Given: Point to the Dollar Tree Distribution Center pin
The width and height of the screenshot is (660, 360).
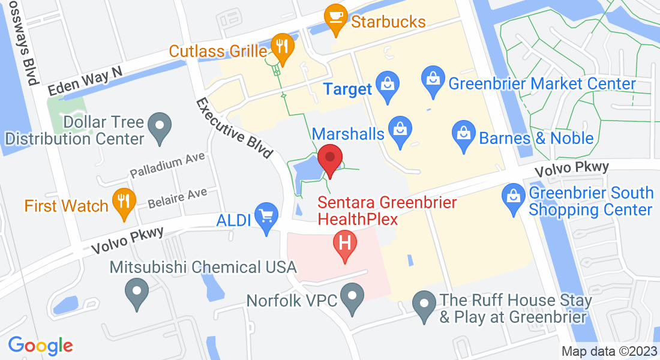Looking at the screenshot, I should click(160, 127).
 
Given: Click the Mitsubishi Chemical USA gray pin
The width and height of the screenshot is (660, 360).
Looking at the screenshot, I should click(137, 294).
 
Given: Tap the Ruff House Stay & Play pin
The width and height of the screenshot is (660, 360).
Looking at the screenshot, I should click(425, 305).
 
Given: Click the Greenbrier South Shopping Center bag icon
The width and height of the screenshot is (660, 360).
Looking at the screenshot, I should click(514, 199).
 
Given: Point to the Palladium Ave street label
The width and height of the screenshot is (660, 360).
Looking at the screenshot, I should click(167, 165).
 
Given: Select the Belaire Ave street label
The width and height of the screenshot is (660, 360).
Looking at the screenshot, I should click(178, 196).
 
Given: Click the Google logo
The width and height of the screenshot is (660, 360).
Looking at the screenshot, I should click(40, 346).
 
